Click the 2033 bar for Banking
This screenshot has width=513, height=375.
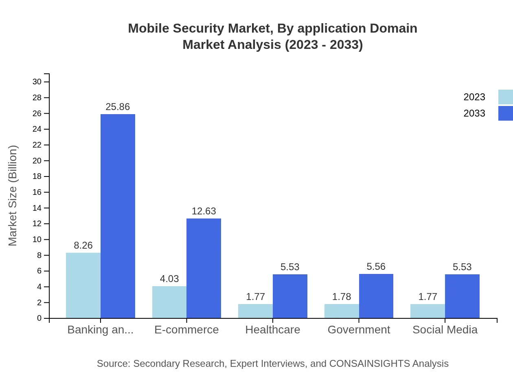coord(118,216)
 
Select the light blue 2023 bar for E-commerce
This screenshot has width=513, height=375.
coord(169,302)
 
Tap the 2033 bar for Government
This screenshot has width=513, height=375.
coord(376,296)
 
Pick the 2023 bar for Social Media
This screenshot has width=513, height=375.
coord(427,311)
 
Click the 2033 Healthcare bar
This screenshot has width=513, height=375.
coord(290,296)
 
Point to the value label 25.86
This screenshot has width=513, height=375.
coord(118,107)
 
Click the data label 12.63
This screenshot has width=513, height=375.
coord(204,211)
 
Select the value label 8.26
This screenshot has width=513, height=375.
coord(83,245)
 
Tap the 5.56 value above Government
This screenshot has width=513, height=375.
coord(376,267)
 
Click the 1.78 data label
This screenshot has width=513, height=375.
coord(341,297)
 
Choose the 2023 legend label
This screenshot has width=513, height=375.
coord(474,97)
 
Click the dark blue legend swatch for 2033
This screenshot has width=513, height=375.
coord(505,113)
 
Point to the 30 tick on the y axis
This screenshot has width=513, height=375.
coord(37,82)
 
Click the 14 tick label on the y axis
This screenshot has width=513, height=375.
coord(37,208)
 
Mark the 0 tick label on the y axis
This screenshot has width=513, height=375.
coord(39,318)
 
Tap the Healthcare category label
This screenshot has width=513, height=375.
coord(272,329)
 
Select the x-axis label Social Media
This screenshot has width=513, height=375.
coord(445,329)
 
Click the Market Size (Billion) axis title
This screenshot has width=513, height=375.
coord(13,196)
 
